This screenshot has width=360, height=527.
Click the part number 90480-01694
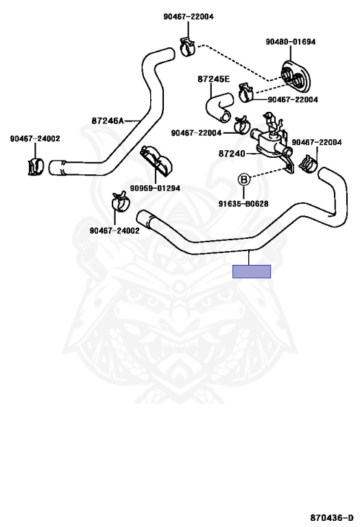291,42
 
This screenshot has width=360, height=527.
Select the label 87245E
213,79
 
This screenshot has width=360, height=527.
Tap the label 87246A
108,120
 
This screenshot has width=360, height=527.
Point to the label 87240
232,154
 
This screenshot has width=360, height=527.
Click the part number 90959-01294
155,188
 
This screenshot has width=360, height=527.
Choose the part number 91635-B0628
243,204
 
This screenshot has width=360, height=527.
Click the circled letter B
244,180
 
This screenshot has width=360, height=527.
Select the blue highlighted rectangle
252,271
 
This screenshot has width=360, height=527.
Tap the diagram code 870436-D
332,517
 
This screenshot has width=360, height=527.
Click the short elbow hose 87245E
217,107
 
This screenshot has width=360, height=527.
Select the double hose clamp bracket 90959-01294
156,160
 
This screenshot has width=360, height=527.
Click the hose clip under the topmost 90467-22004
187,46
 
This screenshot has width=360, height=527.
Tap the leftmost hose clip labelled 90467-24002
35,166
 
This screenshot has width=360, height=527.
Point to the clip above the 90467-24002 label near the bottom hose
120,201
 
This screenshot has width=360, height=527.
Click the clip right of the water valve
309,164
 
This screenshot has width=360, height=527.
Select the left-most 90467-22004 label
196,132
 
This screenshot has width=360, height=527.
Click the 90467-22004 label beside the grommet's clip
293,99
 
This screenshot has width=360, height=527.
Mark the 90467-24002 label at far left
35,139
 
